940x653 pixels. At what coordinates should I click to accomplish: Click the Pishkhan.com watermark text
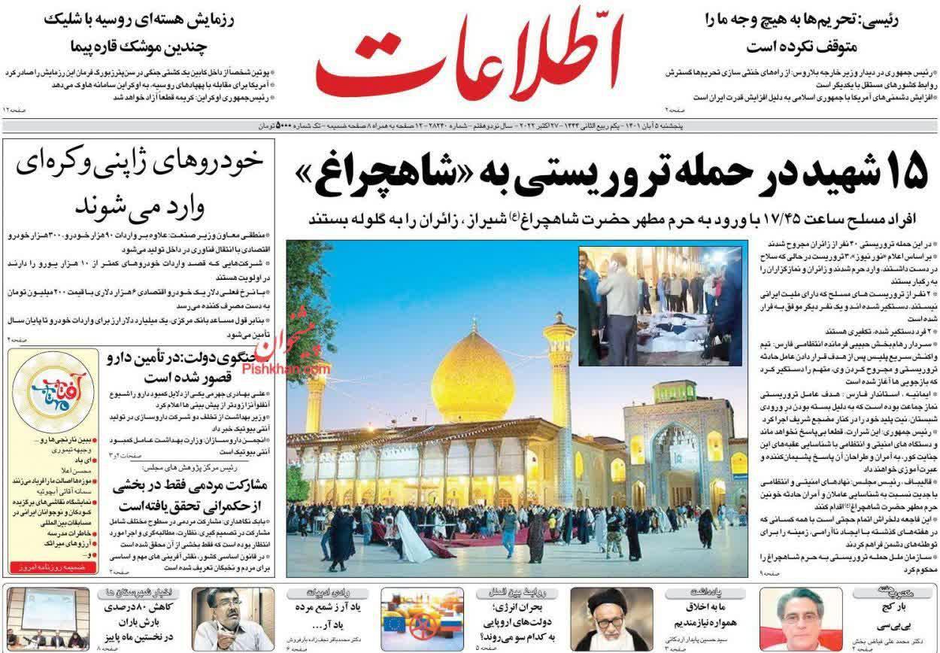pos(296,370)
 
